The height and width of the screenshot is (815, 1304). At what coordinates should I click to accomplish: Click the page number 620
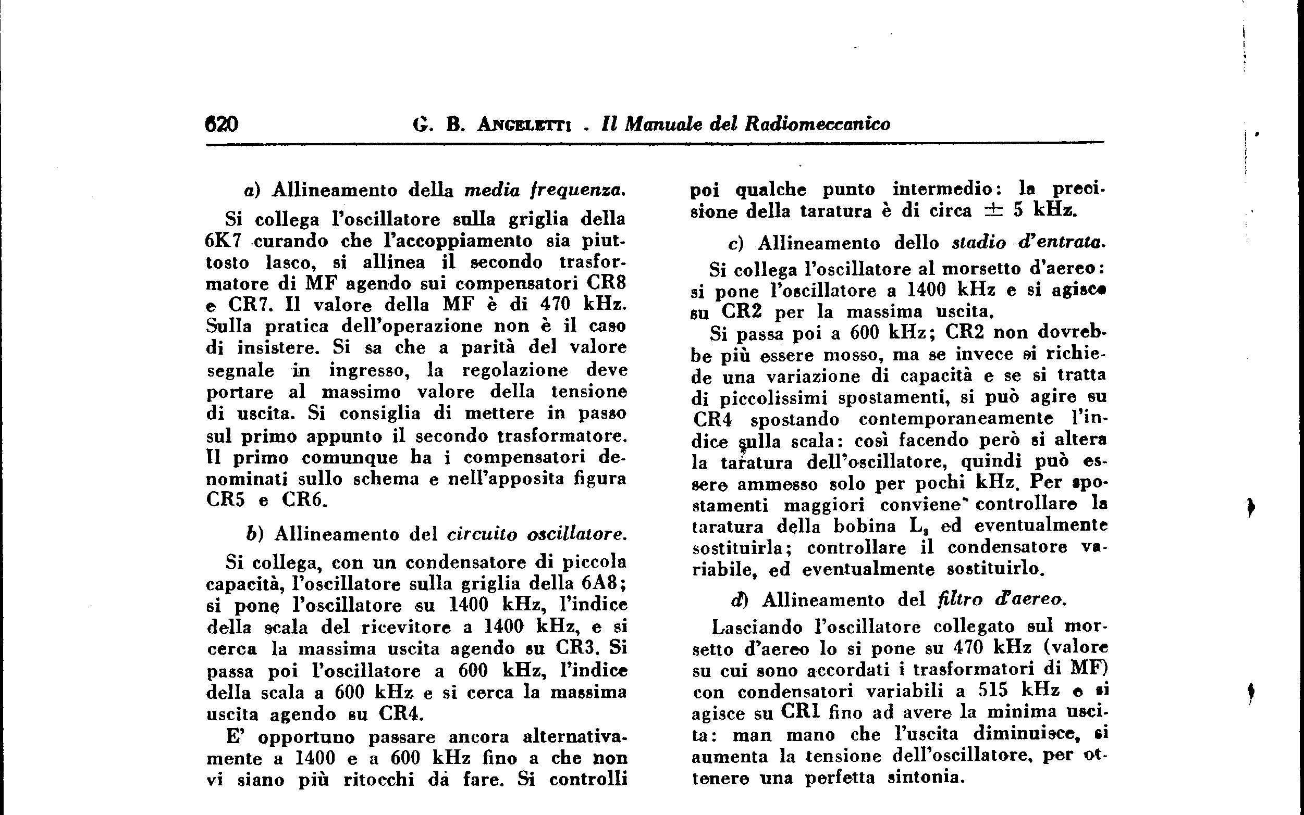click(x=221, y=124)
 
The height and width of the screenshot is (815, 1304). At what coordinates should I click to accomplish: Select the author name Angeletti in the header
click(x=525, y=125)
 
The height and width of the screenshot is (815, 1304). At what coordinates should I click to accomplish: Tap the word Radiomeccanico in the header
click(x=818, y=124)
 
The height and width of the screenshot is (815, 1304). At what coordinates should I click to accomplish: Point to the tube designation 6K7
click(x=223, y=241)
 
